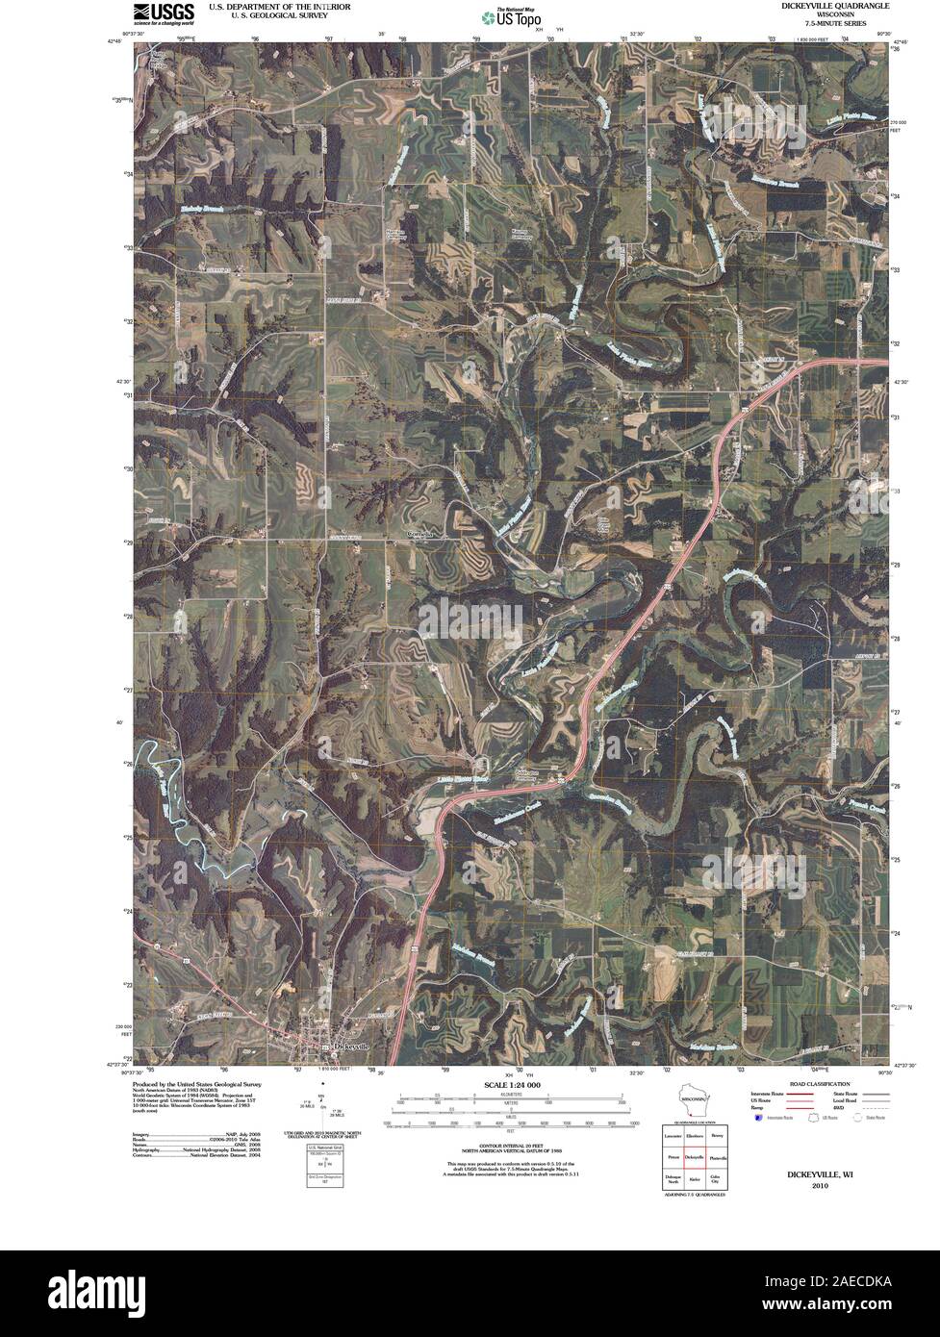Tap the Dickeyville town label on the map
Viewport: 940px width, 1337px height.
pyautogui.click(x=349, y=1047)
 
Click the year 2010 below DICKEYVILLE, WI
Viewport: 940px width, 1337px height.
pyautogui.click(x=819, y=1186)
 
